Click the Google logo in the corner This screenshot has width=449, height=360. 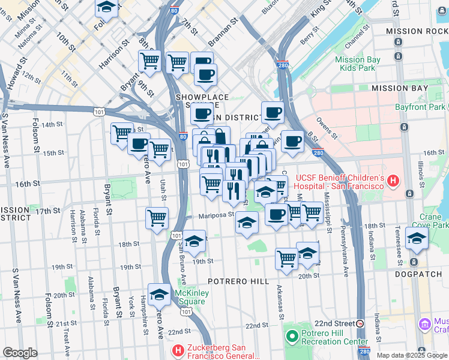point(20,353)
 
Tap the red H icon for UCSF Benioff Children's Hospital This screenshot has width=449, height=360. point(393,180)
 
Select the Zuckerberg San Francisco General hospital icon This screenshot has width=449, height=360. point(178,350)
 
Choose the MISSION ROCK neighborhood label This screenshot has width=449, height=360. point(420,31)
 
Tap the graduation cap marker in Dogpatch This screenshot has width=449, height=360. point(417,238)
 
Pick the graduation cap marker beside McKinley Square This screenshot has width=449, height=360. point(159,294)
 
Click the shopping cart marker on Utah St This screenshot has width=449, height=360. point(157,218)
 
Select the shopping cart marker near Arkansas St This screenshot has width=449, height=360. point(287,258)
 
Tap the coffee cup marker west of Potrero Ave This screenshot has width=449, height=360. point(139,143)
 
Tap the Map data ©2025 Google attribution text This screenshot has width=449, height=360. point(412,355)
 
